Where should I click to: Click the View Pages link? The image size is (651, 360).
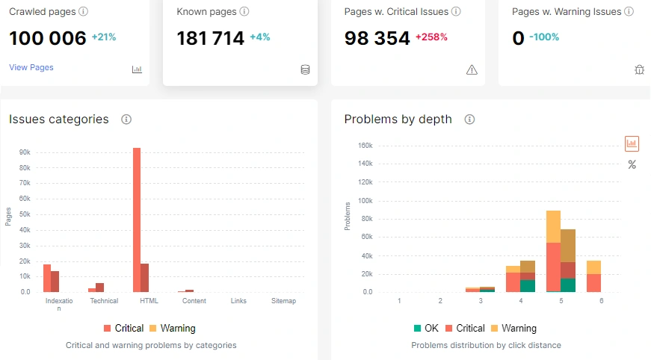31,67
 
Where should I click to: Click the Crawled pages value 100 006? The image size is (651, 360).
48,38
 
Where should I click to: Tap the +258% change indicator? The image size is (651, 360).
431,37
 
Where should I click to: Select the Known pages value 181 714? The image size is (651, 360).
210,38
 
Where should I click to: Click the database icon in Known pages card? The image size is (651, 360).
305,69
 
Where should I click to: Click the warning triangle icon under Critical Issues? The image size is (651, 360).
472,69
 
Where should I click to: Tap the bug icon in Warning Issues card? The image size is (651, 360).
639,69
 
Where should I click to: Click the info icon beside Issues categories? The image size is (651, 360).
126,120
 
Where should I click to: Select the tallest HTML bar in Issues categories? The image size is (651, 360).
137,220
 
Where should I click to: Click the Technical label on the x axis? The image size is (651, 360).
104,301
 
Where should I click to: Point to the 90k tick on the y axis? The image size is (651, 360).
25,152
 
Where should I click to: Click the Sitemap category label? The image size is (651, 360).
284,301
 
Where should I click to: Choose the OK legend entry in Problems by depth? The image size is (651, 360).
426,328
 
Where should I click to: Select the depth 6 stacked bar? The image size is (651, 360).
593,276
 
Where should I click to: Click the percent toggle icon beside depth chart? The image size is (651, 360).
632,164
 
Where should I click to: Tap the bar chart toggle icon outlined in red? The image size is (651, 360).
632,143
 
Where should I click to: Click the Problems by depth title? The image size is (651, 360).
398,120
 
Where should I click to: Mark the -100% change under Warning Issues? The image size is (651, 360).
544,37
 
